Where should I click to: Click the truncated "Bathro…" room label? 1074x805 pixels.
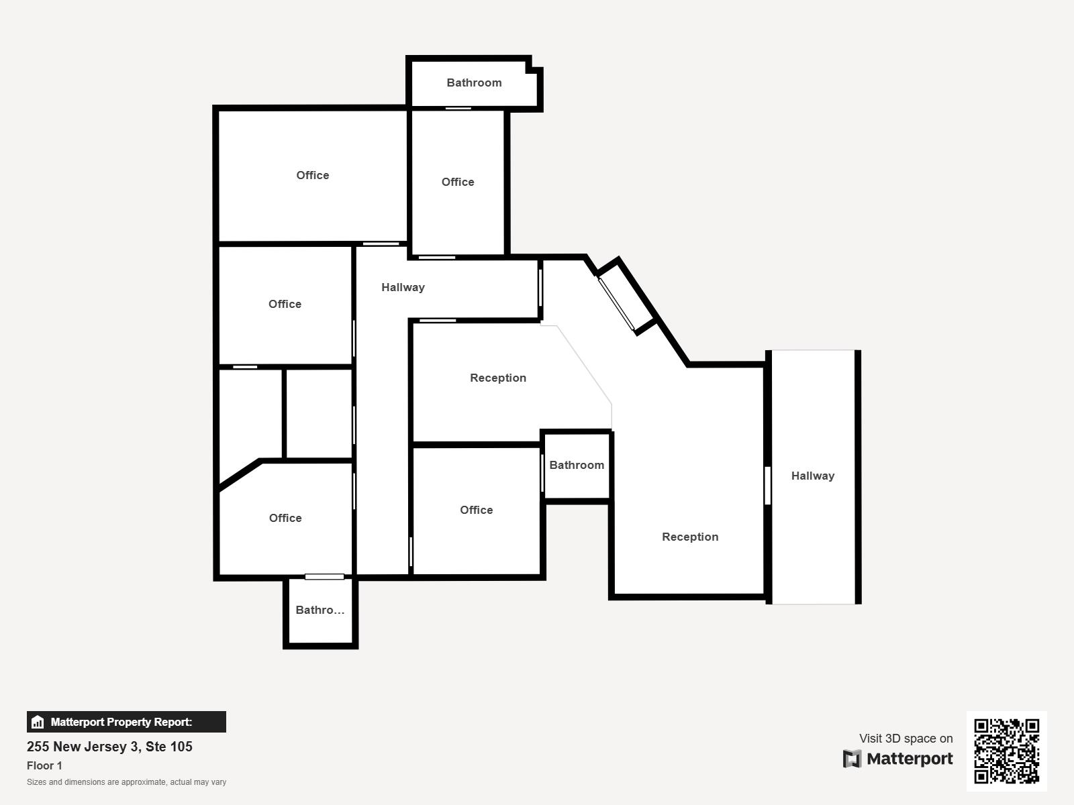[320, 610]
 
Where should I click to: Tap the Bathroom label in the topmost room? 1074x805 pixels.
[474, 83]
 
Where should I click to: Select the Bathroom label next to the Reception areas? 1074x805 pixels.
[577, 465]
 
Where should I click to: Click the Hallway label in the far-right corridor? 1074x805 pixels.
[813, 476]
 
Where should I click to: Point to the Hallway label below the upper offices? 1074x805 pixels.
[403, 287]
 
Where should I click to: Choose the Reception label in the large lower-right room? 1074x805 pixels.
[691, 537]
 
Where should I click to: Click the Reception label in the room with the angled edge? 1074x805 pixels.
[498, 378]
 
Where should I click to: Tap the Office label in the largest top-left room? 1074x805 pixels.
[313, 175]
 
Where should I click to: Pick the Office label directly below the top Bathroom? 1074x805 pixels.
[458, 182]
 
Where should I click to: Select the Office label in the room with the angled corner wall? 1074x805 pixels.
[285, 518]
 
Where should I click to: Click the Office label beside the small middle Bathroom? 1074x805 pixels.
[477, 511]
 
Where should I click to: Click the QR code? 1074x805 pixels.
[1006, 751]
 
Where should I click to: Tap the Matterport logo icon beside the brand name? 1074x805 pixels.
[852, 759]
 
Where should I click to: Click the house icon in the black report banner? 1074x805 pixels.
[38, 722]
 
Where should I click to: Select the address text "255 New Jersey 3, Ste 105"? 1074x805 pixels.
[109, 747]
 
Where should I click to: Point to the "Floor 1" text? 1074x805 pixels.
[44, 765]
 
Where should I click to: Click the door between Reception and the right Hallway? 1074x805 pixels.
[768, 485]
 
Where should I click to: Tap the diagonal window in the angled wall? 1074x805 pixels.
[616, 304]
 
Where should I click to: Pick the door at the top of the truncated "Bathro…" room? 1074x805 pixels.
[324, 577]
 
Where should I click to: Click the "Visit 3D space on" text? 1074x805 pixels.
[906, 739]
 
